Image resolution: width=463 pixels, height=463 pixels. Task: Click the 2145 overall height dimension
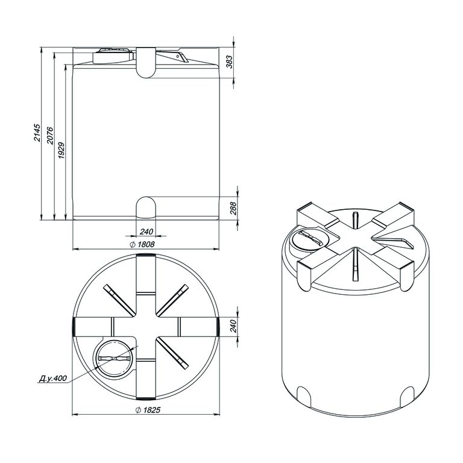(x=37, y=132)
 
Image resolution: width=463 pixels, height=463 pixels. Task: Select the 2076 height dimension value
(x=50, y=136)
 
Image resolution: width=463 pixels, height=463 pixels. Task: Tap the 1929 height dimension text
(x=61, y=150)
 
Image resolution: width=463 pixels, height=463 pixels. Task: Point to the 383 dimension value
(x=230, y=61)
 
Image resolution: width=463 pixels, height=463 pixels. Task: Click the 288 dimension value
(x=233, y=208)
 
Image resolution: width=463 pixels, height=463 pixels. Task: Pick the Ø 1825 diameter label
(x=148, y=410)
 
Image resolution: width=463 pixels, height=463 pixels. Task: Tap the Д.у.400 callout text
(x=53, y=378)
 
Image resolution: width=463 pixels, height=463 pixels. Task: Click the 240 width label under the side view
(x=146, y=231)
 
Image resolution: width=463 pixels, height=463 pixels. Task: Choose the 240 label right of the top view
(x=233, y=326)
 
